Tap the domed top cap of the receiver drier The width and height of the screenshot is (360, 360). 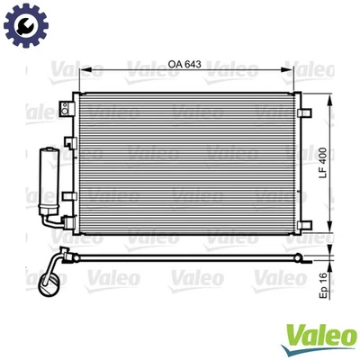pyautogui.click(x=46, y=145)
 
